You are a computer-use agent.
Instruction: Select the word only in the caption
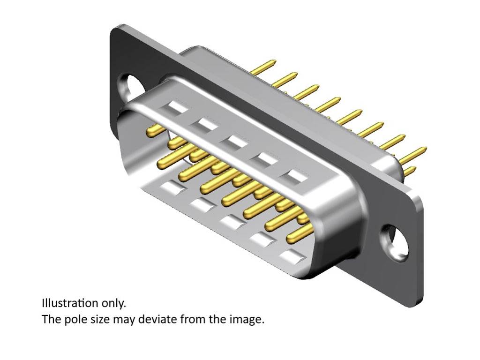point(114,303)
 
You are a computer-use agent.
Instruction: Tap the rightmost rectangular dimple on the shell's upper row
point(297,176)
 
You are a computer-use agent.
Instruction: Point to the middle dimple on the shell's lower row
point(231,222)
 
